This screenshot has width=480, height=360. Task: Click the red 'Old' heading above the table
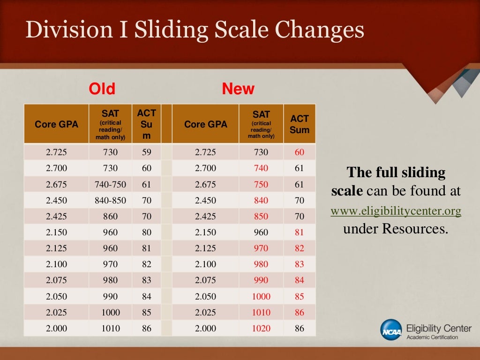coord(102,89)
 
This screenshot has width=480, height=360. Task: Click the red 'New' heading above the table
coord(238,89)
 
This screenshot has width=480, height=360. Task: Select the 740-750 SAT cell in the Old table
coord(110,184)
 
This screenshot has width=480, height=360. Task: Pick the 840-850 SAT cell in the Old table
coord(110,200)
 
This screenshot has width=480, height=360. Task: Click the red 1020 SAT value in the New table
coord(261,328)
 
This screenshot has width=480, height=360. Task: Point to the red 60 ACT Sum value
coord(300,152)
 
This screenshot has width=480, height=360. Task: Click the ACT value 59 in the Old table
coord(147,152)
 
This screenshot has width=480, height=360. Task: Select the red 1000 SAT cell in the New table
coord(261,296)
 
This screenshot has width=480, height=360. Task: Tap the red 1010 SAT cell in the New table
coord(261,312)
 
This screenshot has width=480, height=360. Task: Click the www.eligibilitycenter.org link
coord(396,211)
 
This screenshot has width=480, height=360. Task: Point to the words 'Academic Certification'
coord(432,337)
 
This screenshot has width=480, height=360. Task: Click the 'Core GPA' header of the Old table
coord(56,124)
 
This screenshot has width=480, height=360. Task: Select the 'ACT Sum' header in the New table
coord(300,124)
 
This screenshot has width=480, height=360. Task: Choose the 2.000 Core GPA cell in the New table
coord(205,328)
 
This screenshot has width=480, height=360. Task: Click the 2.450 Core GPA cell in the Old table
coord(56,200)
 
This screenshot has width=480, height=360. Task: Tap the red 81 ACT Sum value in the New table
coord(300,232)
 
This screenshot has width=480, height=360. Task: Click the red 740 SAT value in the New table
coord(261,168)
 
